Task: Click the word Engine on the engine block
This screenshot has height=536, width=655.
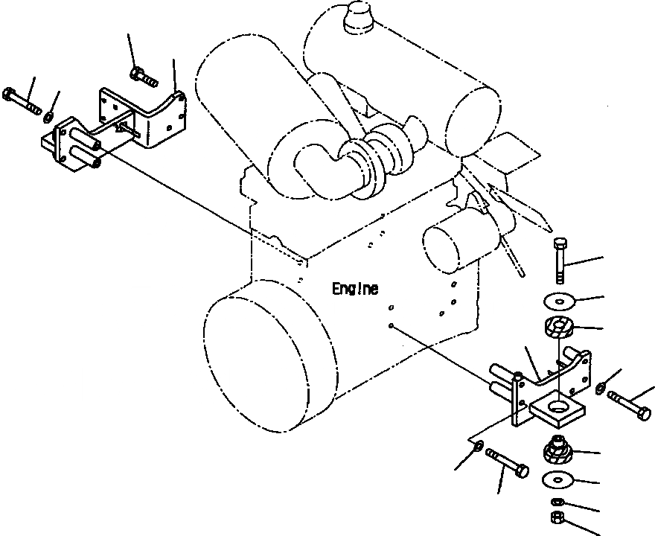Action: pos(355,289)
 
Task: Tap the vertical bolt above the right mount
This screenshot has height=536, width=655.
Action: pos(561,260)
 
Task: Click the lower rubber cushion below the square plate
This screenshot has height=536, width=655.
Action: pos(557,450)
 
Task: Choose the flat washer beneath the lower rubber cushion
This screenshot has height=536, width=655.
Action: pos(557,478)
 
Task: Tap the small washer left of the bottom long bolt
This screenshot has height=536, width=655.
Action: pos(476,447)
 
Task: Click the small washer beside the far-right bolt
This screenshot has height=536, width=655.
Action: pos(601,386)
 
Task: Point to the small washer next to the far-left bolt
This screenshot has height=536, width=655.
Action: pos(48,115)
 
